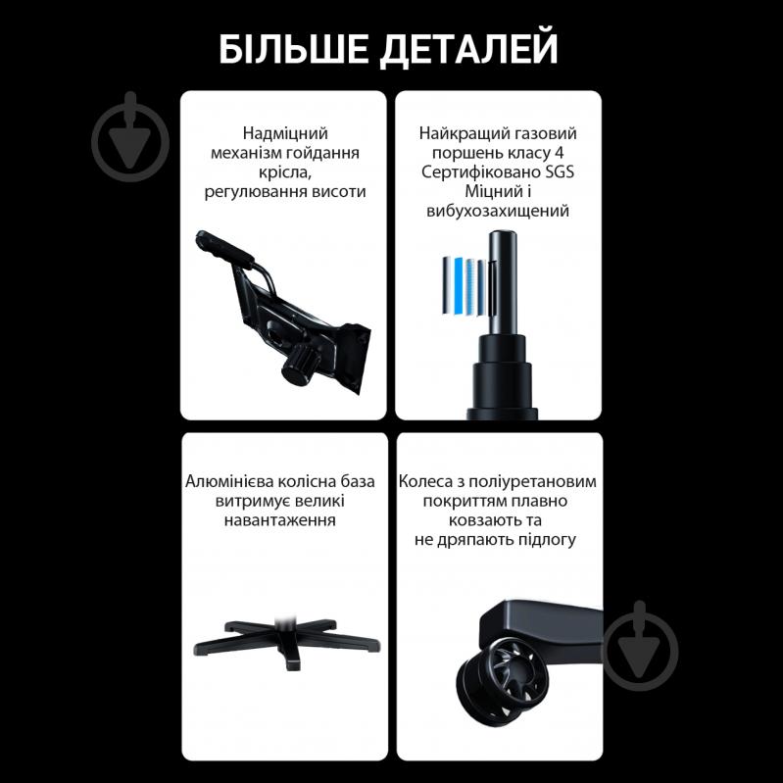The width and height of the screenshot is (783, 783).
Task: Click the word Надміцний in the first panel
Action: point(284,132)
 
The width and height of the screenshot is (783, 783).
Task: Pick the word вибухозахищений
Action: point(498,211)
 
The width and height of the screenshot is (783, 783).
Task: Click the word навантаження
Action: point(285,520)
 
